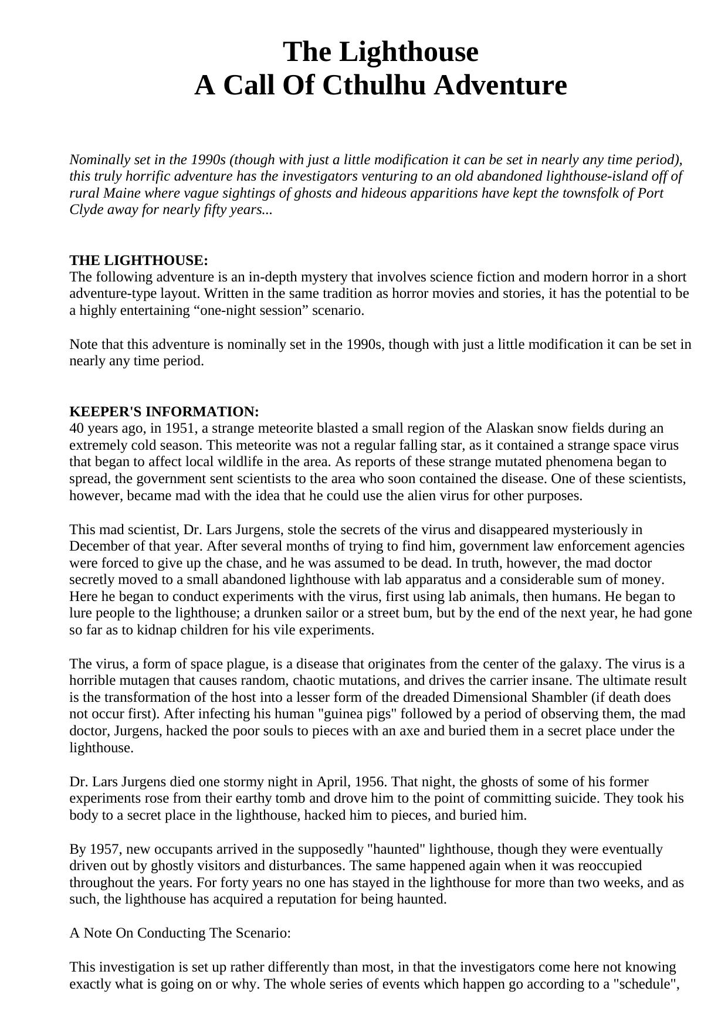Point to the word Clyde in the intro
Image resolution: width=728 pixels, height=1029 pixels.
tap(87, 210)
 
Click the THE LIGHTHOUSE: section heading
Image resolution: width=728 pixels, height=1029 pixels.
tap(138, 260)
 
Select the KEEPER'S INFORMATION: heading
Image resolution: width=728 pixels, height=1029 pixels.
tap(164, 411)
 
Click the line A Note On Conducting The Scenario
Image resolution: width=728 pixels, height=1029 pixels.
tap(180, 933)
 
